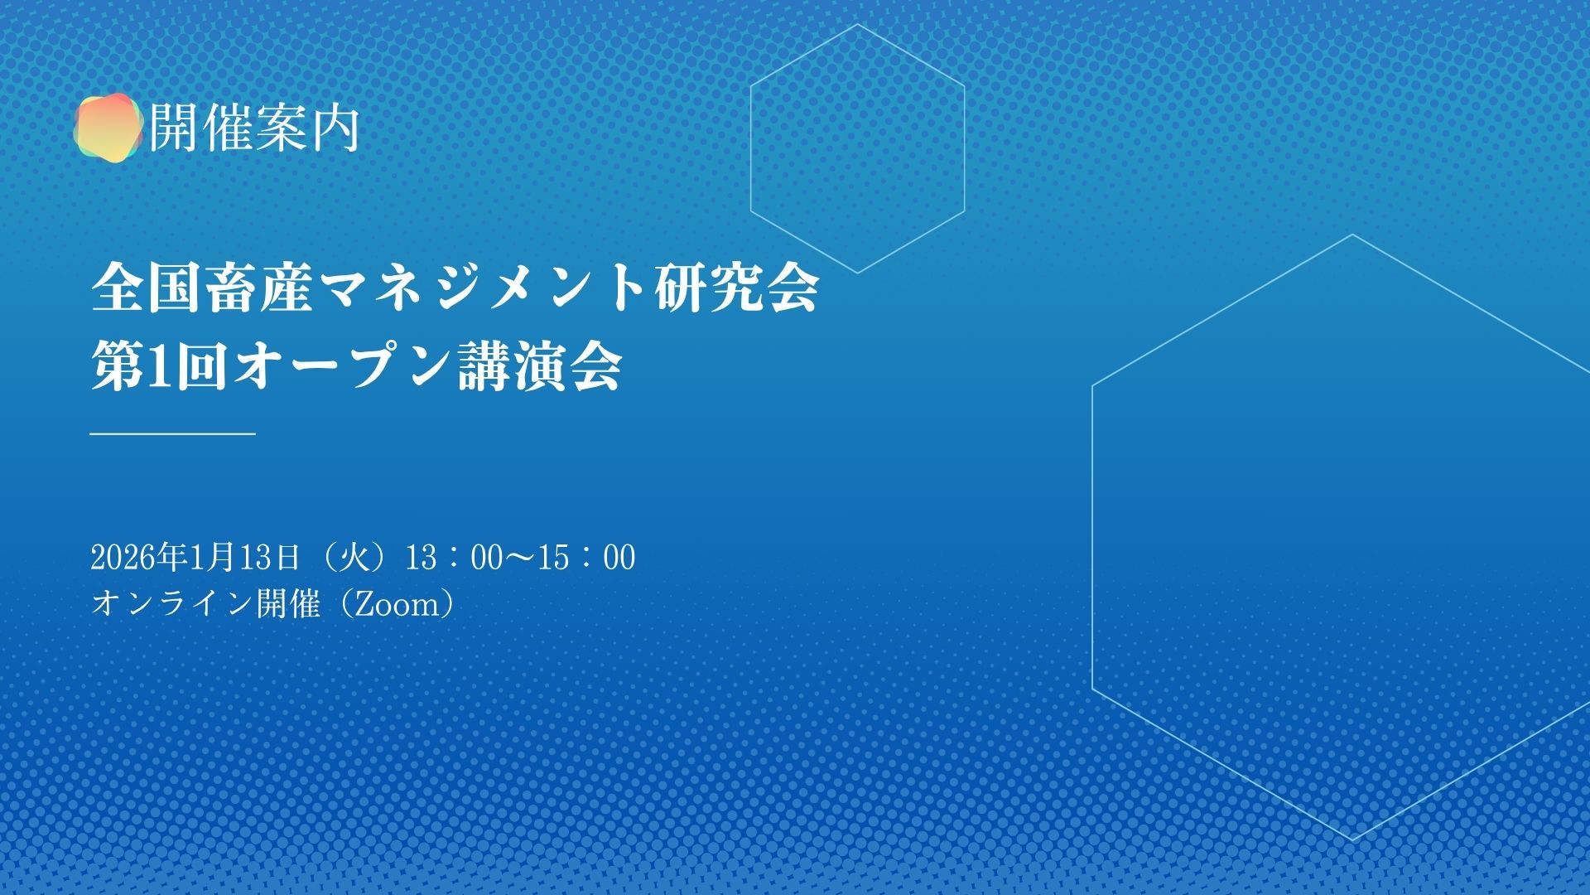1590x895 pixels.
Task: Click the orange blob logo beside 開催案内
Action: [108, 126]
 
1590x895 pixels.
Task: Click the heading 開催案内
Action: [254, 128]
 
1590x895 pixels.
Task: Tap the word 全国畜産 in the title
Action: [202, 288]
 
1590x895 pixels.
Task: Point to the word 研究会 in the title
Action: [737, 288]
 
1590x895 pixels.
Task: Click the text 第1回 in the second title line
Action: [158, 366]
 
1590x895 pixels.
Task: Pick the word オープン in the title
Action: [342, 366]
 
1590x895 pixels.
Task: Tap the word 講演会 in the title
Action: [540, 366]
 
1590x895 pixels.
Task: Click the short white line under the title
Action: [172, 433]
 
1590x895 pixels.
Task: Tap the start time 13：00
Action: [454, 558]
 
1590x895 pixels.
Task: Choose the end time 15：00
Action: [586, 558]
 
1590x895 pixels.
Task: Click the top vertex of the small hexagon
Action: [858, 25]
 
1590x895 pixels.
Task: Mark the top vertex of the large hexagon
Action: [1353, 235]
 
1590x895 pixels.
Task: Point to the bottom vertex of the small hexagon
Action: [858, 273]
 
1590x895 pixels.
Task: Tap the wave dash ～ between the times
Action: [520, 558]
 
